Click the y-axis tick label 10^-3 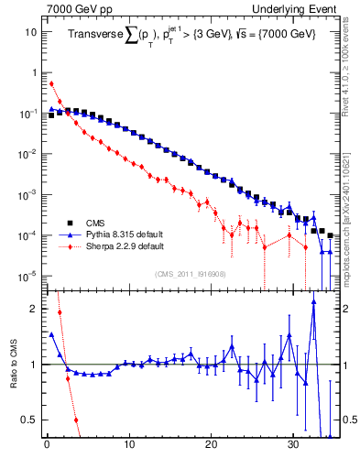pyautogui.click(x=27, y=194)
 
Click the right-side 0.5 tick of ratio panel pyautogui.click(x=349, y=420)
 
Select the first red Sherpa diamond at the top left pyautogui.click(x=51, y=83)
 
